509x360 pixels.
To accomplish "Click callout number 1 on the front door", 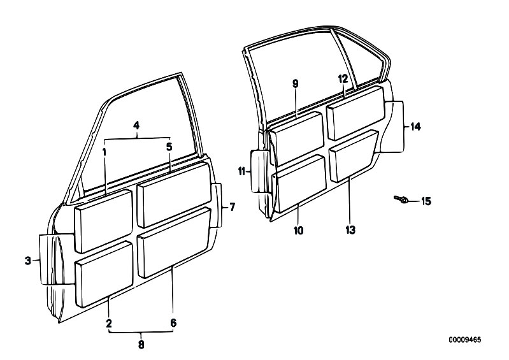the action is [x=104, y=152].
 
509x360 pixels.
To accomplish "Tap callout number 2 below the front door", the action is [x=109, y=323].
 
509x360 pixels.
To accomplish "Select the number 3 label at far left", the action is [x=28, y=261].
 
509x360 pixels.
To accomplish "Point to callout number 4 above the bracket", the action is [x=137, y=126].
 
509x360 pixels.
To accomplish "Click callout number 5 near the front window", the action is [x=169, y=147].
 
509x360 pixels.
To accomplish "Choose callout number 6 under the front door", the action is [x=173, y=323].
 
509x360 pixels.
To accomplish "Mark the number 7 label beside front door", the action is [x=232, y=207].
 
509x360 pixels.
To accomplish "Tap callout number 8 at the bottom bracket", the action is [x=141, y=345].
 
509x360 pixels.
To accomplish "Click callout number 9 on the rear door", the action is [x=295, y=83].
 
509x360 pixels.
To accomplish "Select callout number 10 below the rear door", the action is [x=298, y=231].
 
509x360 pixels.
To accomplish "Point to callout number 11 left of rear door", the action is [x=241, y=171].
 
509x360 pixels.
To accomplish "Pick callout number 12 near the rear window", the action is [x=343, y=79].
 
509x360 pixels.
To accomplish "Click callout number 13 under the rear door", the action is [x=350, y=230].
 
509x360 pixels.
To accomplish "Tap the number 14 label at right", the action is [x=415, y=127].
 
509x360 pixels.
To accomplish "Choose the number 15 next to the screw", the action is [x=426, y=201].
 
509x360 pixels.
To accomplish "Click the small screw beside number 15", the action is [x=401, y=199].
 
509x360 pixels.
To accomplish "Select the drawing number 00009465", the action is [x=465, y=340].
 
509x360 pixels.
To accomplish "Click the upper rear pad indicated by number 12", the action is [x=355, y=113].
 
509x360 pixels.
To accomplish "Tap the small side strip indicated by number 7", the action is [x=217, y=205].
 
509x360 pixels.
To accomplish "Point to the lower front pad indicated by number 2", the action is [x=104, y=275].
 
